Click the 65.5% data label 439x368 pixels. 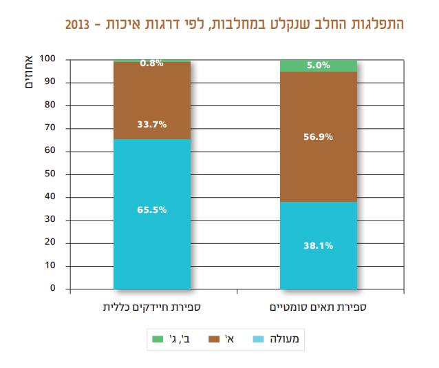151,210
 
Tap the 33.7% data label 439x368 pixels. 151,124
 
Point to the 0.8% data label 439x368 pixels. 151,63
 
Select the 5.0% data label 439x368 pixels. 319,65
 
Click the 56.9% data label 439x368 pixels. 319,136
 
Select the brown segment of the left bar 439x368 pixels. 151,103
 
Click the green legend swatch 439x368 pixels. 157,338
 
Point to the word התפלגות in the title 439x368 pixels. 378,24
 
